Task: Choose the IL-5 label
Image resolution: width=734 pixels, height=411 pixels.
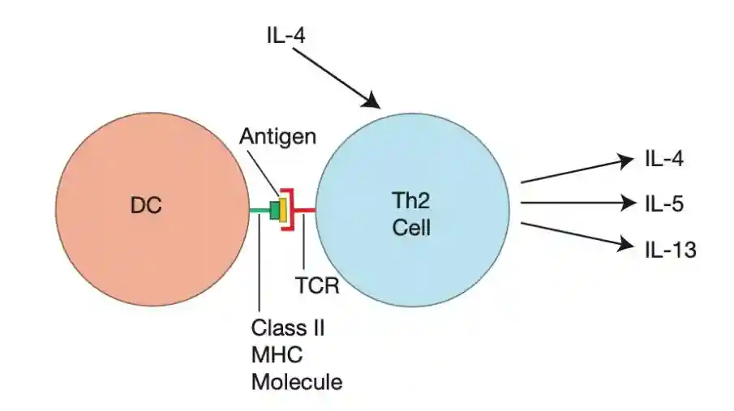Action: pos(664,203)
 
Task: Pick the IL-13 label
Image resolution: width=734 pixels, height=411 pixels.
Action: pos(670,250)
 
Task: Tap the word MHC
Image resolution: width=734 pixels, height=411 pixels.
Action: pos(273,354)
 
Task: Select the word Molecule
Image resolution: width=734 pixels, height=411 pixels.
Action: pos(296,380)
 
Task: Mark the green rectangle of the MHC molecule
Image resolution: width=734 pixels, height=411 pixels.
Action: pos(276,211)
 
